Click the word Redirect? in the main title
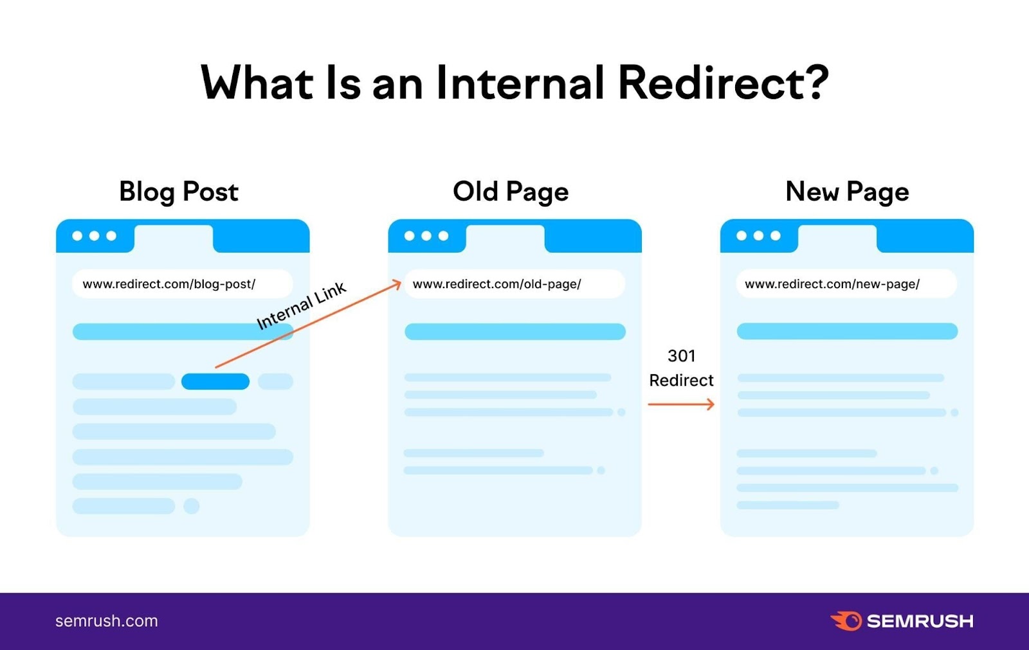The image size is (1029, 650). (724, 84)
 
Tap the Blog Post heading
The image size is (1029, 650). (179, 192)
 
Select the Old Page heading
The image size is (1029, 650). (511, 192)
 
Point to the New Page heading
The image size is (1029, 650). (847, 192)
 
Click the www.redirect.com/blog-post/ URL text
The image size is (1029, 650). (169, 284)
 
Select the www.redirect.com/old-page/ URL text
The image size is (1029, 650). (497, 284)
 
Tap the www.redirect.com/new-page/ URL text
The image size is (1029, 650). (832, 284)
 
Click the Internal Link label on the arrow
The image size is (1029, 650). (301, 306)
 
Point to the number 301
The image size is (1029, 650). (682, 356)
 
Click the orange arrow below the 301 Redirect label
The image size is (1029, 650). (681, 404)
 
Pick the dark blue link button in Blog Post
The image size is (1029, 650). (215, 382)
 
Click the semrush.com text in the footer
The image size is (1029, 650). (107, 621)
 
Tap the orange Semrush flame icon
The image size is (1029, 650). (846, 621)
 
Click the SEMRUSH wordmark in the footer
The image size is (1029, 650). (920, 621)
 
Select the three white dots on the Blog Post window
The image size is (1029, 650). (95, 236)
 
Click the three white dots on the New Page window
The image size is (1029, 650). (758, 236)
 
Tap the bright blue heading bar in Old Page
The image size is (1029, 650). (515, 332)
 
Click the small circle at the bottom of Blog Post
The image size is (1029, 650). (191, 506)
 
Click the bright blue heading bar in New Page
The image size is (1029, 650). (847, 332)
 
